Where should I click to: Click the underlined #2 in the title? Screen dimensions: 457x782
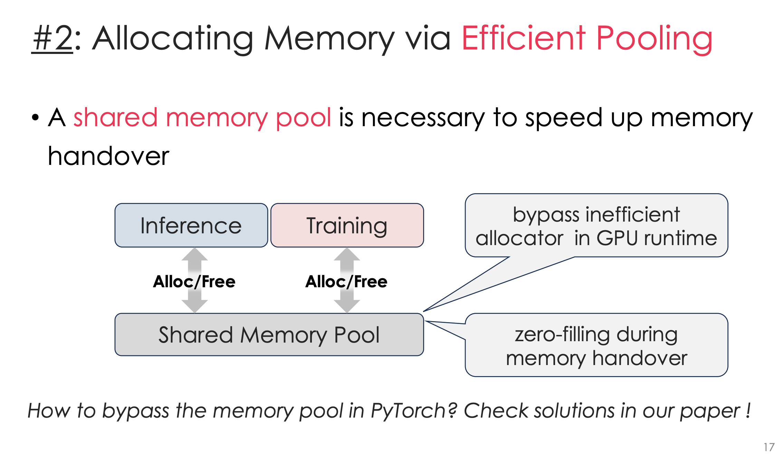[53, 39]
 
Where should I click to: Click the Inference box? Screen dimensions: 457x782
[191, 225]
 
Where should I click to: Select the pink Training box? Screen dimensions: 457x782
[347, 225]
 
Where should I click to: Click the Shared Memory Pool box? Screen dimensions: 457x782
[269, 335]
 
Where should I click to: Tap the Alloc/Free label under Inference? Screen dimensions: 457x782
[194, 281]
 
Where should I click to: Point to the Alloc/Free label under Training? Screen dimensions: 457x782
[346, 281]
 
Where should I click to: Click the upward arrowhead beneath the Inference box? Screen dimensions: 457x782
[195, 254]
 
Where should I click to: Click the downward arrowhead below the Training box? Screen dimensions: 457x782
[347, 306]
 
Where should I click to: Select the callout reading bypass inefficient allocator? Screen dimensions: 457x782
[596, 225]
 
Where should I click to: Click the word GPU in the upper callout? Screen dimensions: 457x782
[617, 238]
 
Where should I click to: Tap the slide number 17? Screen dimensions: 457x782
[769, 447]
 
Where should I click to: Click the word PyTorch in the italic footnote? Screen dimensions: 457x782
[413, 411]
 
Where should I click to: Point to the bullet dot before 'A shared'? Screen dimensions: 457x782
[35, 118]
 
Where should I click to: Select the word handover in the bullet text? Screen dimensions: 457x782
[108, 156]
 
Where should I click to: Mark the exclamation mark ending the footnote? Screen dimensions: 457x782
[748, 410]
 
